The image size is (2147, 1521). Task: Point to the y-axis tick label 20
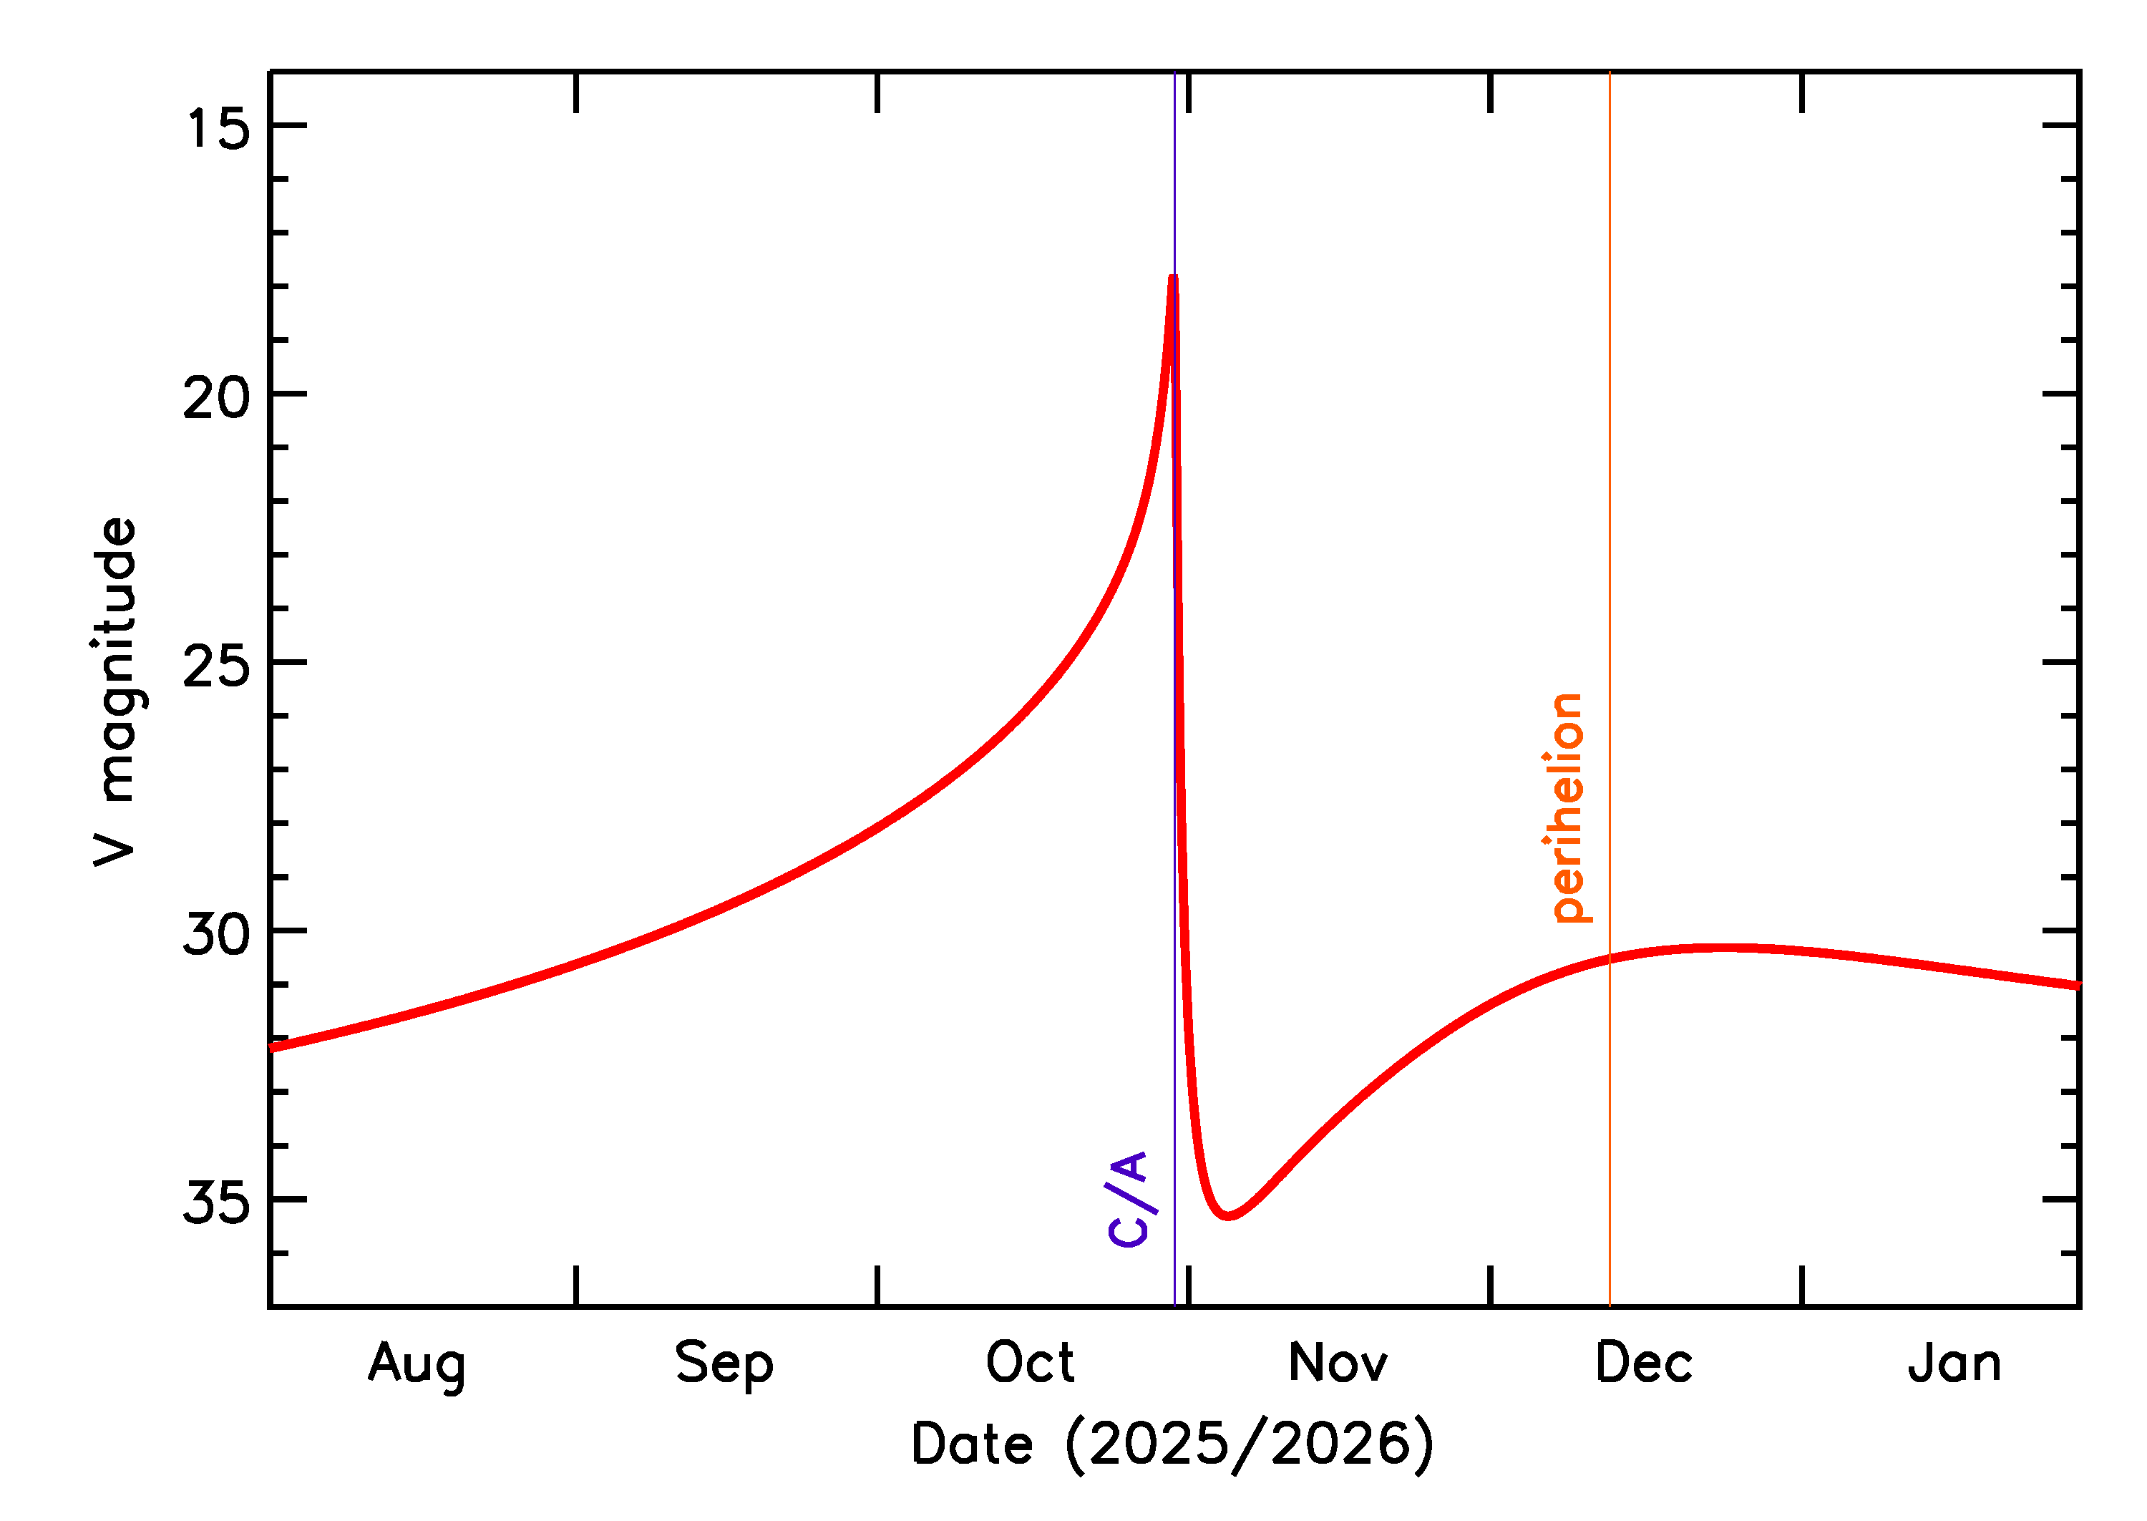[216, 397]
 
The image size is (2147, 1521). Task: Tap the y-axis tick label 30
[216, 935]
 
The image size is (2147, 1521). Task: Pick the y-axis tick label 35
[216, 1202]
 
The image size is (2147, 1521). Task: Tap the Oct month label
[1030, 1364]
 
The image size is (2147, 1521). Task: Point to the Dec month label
[1643, 1364]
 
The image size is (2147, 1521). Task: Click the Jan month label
[1954, 1364]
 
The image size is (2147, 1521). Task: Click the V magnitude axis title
[116, 692]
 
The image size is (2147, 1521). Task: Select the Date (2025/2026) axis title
[1172, 1444]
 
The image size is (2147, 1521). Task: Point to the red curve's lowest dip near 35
[1229, 1215]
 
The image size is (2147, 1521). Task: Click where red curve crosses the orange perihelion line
[1610, 959]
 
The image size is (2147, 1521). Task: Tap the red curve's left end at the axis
[271, 1048]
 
